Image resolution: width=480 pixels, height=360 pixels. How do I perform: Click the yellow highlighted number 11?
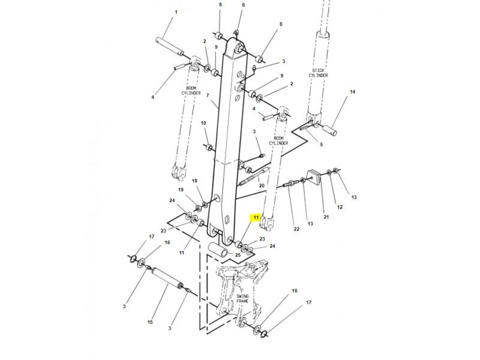click(x=256, y=217)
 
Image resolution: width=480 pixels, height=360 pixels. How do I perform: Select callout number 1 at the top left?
click(x=176, y=12)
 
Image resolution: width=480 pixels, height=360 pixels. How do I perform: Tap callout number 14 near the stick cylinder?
click(x=352, y=92)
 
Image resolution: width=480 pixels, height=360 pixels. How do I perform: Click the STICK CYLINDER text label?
click(x=318, y=73)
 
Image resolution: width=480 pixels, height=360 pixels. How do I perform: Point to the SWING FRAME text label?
click(x=242, y=299)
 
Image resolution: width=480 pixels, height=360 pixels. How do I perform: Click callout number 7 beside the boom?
click(x=208, y=95)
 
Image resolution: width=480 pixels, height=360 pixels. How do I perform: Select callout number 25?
click(x=238, y=254)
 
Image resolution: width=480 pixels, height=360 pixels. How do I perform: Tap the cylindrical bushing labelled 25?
click(x=218, y=250)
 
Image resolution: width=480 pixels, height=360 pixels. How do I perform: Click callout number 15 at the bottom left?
click(x=150, y=322)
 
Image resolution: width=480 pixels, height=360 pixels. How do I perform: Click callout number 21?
click(x=326, y=217)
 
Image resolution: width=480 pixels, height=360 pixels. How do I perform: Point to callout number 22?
click(x=296, y=229)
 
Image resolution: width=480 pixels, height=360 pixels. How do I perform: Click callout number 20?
click(x=262, y=185)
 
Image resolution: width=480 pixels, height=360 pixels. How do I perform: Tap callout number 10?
click(x=203, y=123)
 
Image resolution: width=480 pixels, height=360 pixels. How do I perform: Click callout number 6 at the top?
click(x=244, y=5)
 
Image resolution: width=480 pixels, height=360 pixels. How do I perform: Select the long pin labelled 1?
click(x=169, y=47)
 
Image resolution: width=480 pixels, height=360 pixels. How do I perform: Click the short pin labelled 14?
click(x=329, y=130)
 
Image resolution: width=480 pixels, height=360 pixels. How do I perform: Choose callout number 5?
click(x=321, y=145)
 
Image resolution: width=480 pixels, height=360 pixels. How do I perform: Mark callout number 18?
click(x=194, y=181)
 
